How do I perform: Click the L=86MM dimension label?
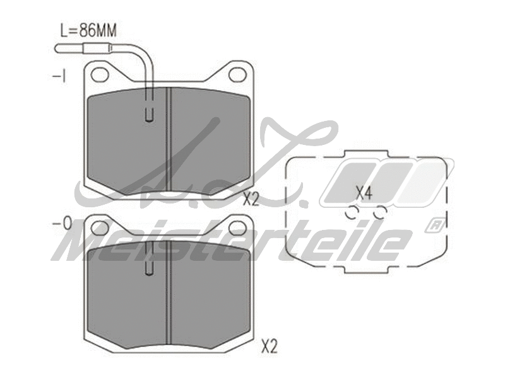(88, 30)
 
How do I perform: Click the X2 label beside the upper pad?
(251, 200)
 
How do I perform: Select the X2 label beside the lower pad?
(269, 346)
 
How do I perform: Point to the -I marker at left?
(59, 76)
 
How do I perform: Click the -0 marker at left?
(61, 224)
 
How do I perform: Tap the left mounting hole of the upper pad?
(100, 74)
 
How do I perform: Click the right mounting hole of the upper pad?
(237, 74)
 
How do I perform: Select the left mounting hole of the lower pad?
(100, 228)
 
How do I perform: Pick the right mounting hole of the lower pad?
(237, 228)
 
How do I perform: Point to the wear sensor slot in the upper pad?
(150, 112)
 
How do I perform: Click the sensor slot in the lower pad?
(150, 266)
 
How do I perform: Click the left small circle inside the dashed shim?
(351, 214)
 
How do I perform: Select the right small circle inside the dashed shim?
(379, 214)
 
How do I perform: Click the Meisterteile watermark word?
(234, 243)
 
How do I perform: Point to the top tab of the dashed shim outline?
(368, 153)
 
